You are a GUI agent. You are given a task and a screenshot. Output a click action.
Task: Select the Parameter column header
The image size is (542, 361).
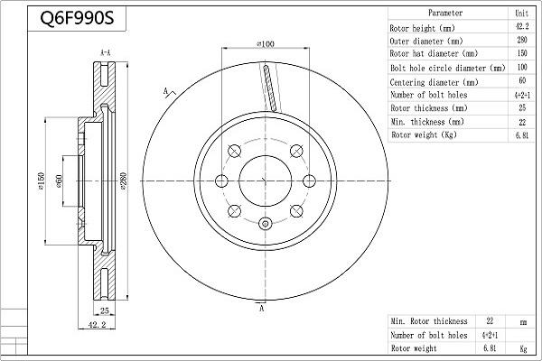445,14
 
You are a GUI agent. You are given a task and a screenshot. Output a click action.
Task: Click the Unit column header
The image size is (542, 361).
521,14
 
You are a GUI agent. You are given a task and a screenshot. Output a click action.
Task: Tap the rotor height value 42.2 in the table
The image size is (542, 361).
521,27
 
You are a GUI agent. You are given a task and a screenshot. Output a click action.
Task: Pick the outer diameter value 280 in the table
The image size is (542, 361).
521,41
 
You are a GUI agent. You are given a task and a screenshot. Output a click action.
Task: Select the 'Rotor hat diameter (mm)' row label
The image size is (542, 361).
434,54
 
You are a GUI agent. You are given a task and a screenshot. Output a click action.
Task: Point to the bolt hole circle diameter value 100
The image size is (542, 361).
521,68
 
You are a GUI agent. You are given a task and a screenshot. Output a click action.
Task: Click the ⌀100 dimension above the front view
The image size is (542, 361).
266,43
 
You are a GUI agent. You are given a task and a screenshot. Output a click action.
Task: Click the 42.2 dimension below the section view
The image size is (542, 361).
98,325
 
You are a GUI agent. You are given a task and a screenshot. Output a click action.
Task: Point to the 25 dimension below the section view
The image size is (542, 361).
105,310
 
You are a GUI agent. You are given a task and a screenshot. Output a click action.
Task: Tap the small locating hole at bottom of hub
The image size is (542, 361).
265,225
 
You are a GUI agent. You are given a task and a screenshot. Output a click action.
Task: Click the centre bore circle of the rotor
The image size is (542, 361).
265,180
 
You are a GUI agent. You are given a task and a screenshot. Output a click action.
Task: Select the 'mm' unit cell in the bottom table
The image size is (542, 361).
521,320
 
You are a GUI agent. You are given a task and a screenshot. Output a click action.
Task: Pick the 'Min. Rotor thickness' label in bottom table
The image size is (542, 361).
429,320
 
